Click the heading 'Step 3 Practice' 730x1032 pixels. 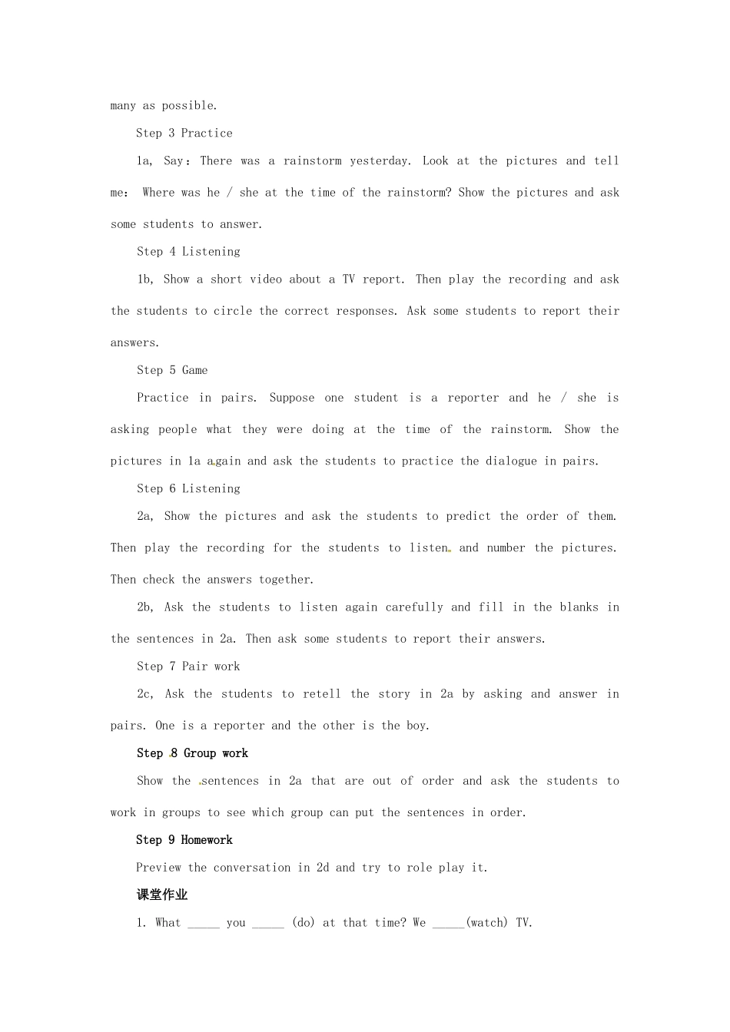click(x=184, y=133)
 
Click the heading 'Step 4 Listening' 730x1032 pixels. click(x=188, y=252)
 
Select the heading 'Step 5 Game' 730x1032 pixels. click(x=172, y=370)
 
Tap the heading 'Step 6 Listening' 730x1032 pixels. click(x=188, y=489)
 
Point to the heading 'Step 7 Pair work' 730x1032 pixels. click(x=188, y=666)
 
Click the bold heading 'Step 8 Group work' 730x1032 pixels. click(x=192, y=753)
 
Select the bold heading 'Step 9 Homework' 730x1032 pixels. click(x=184, y=840)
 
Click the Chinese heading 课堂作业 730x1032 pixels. click(x=162, y=895)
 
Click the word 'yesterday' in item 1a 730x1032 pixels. click(x=380, y=161)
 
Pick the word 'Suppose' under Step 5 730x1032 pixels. click(x=292, y=398)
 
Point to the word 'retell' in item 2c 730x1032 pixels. click(x=322, y=694)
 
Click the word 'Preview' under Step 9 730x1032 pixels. click(x=158, y=868)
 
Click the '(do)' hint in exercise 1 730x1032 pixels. click(x=304, y=923)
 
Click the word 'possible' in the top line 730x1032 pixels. click(x=189, y=106)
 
